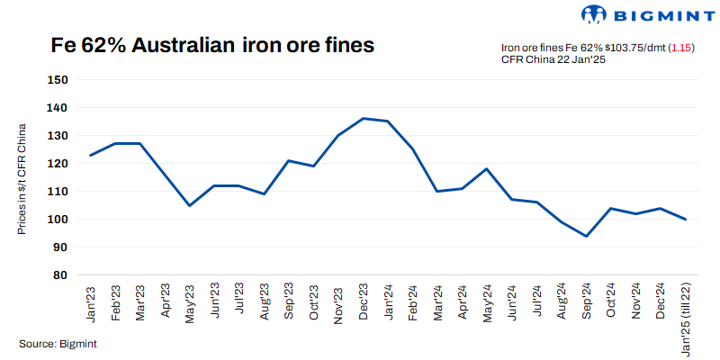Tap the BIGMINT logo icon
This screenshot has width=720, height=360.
[x=595, y=14]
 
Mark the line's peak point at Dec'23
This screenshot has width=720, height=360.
[x=363, y=118]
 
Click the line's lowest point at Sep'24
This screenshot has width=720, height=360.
[x=586, y=236]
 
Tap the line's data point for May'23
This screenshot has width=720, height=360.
[x=190, y=205]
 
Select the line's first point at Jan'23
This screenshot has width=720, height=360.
[x=91, y=155]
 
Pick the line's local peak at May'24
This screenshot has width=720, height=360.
[x=487, y=168]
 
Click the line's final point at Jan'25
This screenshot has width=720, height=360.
[x=686, y=219]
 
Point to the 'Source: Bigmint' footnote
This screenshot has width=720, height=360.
[x=58, y=344]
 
